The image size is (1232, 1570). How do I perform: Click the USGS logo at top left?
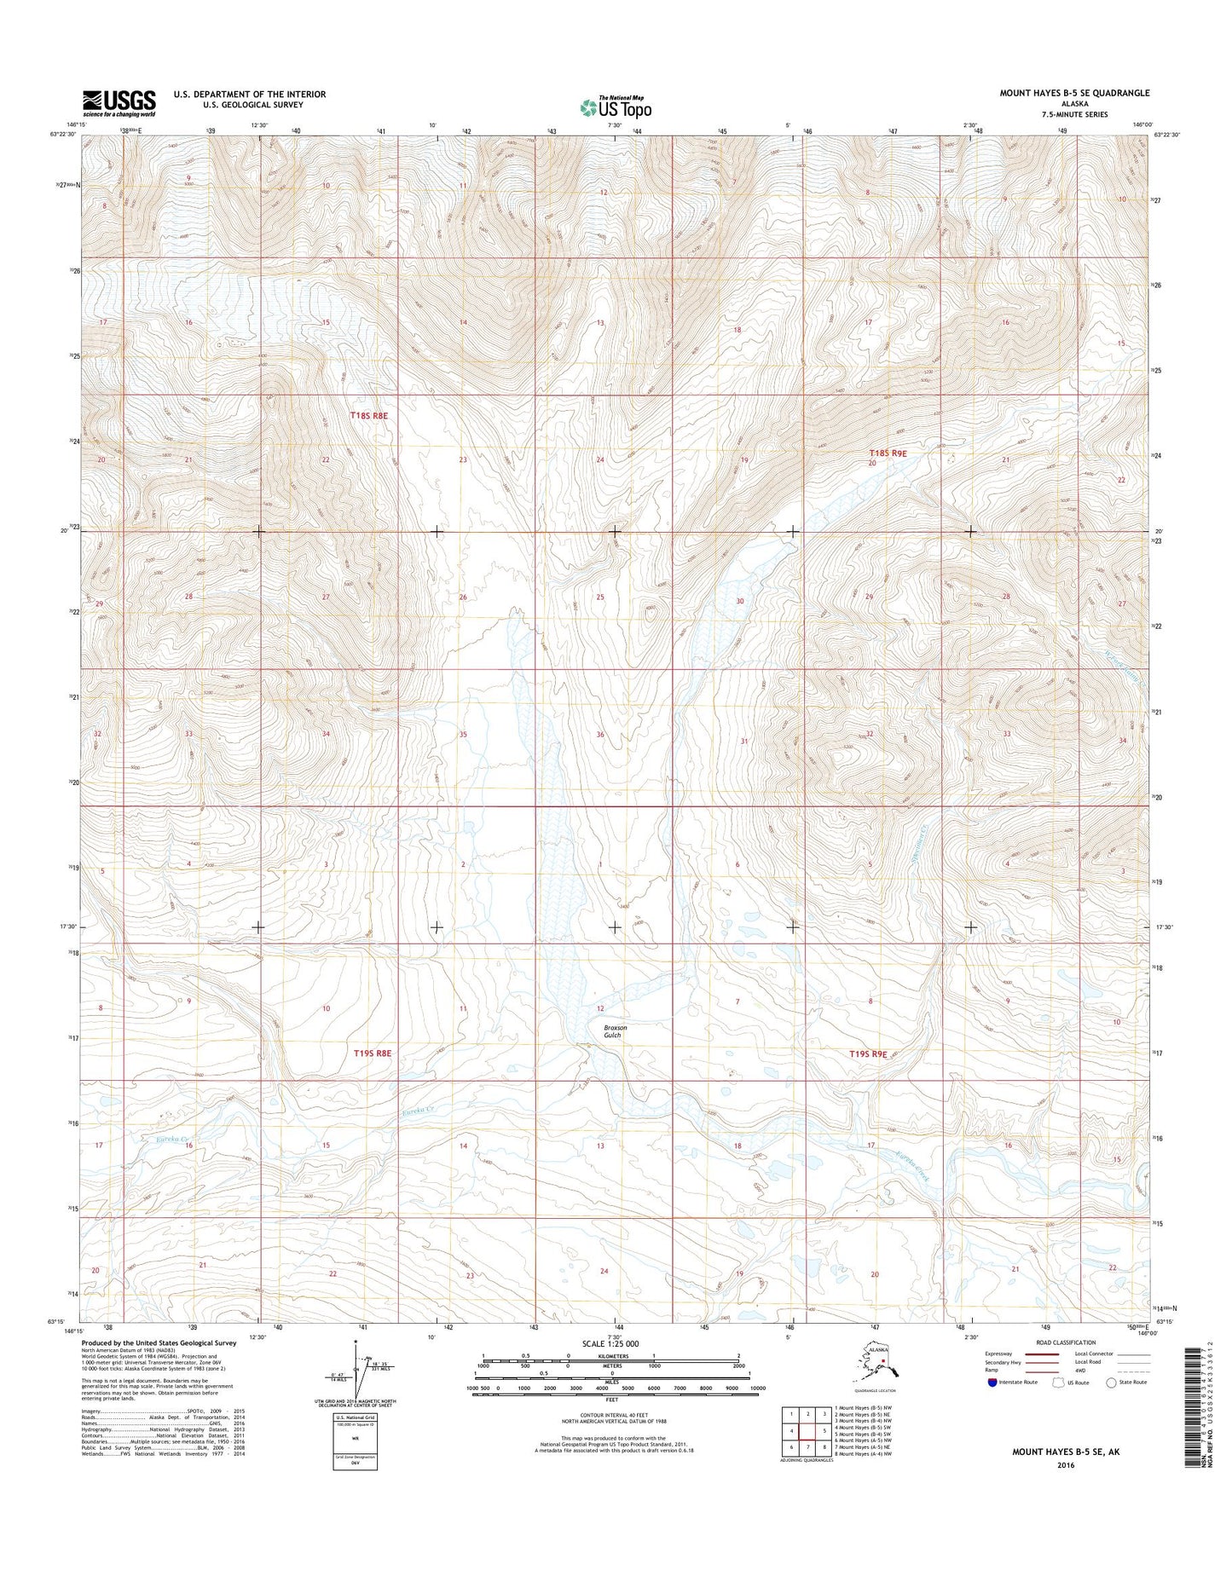(119, 102)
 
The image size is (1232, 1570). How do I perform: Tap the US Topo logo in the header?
(616, 107)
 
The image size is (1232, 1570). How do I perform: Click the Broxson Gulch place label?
(614, 1031)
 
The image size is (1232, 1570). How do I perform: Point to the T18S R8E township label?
(368, 416)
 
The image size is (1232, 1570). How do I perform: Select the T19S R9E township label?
(868, 1054)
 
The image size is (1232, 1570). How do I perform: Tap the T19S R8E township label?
(373, 1053)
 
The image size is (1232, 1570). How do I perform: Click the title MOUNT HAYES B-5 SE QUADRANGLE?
(1074, 93)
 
